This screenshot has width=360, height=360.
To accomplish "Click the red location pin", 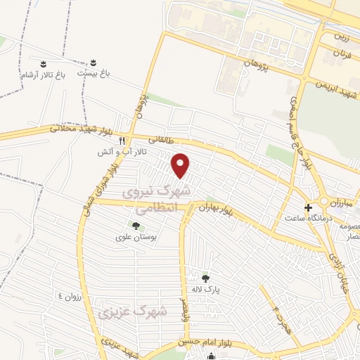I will pyautogui.click(x=181, y=165).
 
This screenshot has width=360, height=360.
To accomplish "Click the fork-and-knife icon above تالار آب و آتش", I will pyautogui.click(x=122, y=140).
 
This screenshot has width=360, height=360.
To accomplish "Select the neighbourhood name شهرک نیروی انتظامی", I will pyautogui.click(x=156, y=199).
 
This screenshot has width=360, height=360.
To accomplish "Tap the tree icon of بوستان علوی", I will pyautogui.click(x=135, y=226).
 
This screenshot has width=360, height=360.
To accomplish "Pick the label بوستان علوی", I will pyautogui.click(x=134, y=238).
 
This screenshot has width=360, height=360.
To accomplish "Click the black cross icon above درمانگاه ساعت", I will pyautogui.click(x=308, y=207).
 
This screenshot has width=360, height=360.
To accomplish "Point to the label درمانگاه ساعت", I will pyautogui.click(x=307, y=218).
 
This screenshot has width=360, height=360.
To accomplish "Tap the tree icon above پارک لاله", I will pyautogui.click(x=206, y=278).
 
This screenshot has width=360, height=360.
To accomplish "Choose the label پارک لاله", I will pyautogui.click(x=206, y=289).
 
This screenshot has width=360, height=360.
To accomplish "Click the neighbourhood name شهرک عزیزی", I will pyautogui.click(x=134, y=311).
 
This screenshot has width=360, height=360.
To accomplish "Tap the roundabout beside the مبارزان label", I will pyautogui.click(x=324, y=201).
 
